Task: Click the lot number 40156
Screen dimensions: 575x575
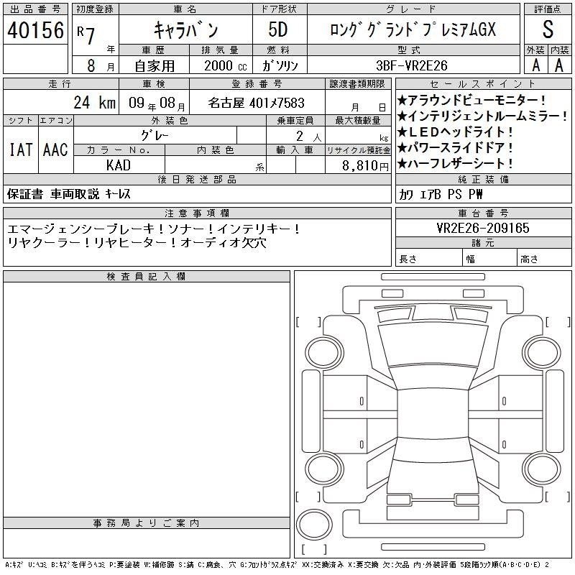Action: click(35, 30)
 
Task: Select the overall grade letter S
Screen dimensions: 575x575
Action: click(548, 29)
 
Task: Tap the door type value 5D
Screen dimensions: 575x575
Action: click(278, 29)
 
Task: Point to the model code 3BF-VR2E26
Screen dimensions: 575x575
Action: click(412, 65)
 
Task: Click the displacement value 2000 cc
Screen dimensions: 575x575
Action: click(226, 65)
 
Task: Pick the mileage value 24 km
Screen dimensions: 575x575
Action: click(95, 102)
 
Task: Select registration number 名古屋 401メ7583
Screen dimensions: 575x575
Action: click(257, 103)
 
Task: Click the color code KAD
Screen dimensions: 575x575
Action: click(119, 165)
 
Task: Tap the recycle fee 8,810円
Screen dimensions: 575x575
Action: click(365, 166)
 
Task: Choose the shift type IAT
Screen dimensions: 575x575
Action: click(21, 149)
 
